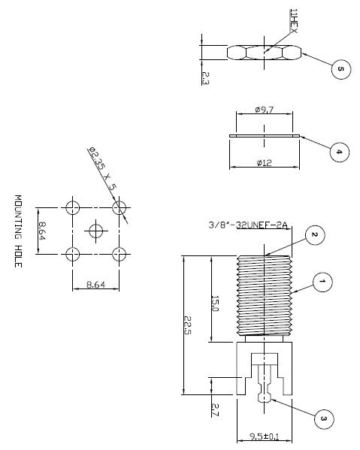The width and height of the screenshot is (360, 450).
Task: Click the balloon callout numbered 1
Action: coord(321,283)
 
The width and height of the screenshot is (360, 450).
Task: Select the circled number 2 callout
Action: coord(315,236)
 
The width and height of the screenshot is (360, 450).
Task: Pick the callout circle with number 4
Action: coord(338,152)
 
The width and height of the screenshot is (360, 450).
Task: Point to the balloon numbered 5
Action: coord(340,69)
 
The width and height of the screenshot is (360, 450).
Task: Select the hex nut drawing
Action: coord(264,52)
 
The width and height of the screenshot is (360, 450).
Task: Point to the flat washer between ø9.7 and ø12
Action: coord(264,137)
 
